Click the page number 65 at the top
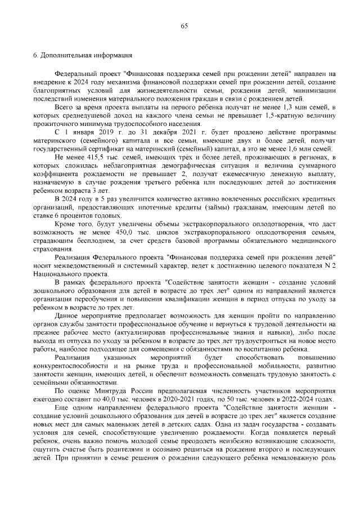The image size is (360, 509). [184, 26]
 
